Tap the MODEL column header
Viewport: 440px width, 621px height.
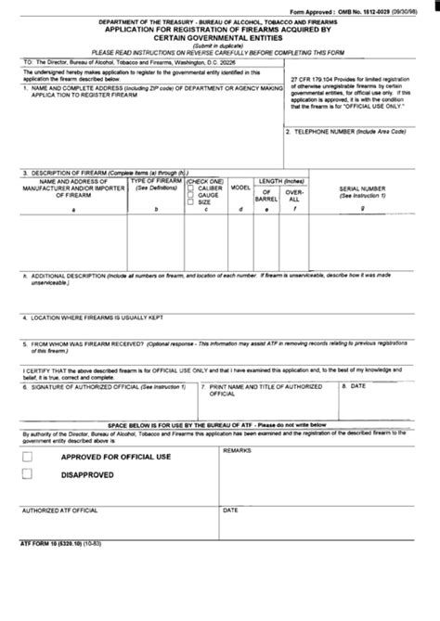coord(240,187)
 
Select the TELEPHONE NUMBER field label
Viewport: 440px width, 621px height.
coord(346,132)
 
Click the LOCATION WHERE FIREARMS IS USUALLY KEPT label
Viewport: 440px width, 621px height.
coord(92,317)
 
